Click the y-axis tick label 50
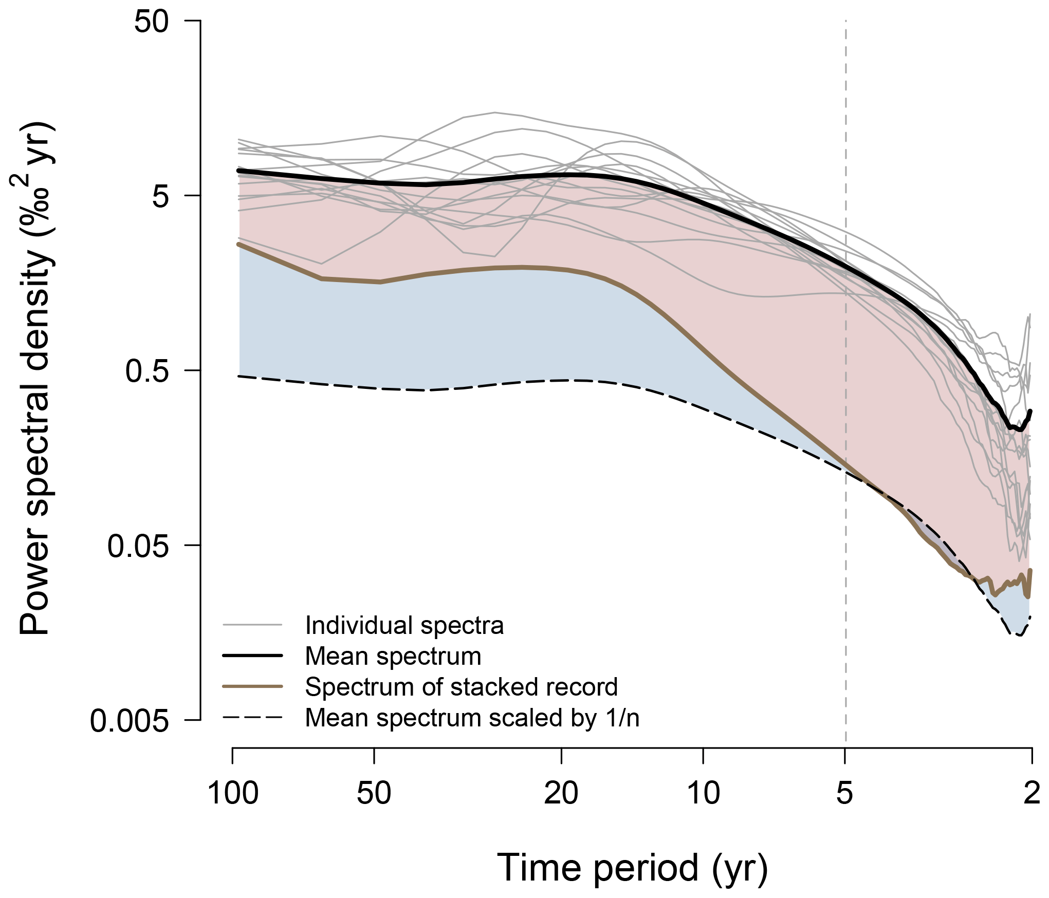click(x=151, y=22)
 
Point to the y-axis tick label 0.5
click(x=147, y=371)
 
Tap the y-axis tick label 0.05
click(x=138, y=546)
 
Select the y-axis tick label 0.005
click(x=129, y=721)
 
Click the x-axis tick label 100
click(x=233, y=793)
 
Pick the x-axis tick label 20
click(x=561, y=793)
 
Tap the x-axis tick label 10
click(x=703, y=793)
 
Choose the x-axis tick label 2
click(x=1032, y=793)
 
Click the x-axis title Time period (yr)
click(x=632, y=868)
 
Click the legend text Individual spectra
click(x=404, y=626)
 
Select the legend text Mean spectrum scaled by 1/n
click(x=472, y=718)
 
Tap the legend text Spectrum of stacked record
click(x=461, y=687)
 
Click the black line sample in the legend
click(x=252, y=656)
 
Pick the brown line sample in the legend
click(x=252, y=687)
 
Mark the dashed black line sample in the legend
click(x=252, y=718)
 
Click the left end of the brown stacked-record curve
click(x=238, y=244)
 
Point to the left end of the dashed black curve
click(x=239, y=377)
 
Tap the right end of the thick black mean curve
click(x=1030, y=411)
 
